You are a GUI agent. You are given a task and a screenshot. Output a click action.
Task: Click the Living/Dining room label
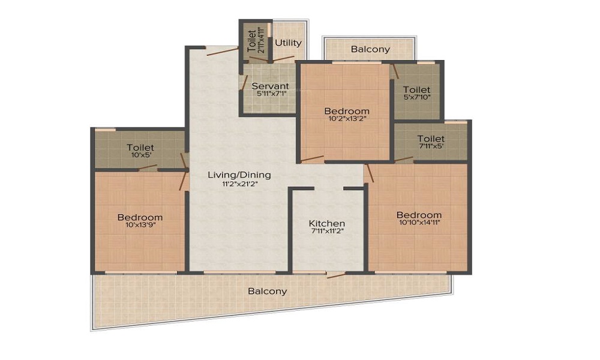(x=239, y=175)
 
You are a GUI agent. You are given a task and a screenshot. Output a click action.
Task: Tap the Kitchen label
(x=327, y=223)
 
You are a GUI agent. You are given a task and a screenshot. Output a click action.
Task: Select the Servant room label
(x=270, y=86)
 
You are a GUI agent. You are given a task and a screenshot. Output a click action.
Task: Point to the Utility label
(x=288, y=43)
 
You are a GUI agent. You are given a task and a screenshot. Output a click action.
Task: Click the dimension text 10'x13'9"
(x=140, y=225)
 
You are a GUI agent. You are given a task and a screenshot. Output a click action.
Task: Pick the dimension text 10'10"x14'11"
(x=419, y=222)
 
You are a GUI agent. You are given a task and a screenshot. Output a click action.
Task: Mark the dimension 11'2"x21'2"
(x=239, y=183)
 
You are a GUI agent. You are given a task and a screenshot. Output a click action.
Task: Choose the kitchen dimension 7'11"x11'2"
(x=327, y=230)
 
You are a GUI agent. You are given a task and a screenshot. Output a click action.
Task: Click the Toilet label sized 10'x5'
(x=140, y=147)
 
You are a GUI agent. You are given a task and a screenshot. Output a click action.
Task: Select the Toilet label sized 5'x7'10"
(x=417, y=90)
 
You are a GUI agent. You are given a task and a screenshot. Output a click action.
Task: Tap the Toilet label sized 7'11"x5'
(x=431, y=139)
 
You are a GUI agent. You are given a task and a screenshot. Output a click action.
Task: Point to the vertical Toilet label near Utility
(x=251, y=41)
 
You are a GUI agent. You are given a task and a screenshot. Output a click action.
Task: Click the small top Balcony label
(x=370, y=49)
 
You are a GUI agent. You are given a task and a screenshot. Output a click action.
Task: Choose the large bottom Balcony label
(x=268, y=292)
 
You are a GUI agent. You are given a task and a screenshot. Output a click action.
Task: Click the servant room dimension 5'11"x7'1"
(x=270, y=94)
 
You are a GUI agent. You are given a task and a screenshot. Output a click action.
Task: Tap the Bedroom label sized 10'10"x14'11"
(x=419, y=215)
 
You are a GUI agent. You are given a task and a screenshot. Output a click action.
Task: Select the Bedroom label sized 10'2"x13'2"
(x=347, y=112)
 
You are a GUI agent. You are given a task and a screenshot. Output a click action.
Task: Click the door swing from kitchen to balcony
(x=336, y=275)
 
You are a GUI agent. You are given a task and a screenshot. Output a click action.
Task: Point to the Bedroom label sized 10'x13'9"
(x=140, y=217)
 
